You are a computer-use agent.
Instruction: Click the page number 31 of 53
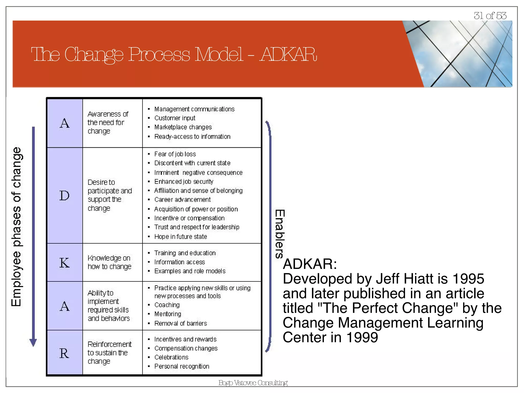pyautogui.click(x=490, y=16)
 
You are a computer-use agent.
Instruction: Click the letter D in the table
pyautogui.click(x=64, y=196)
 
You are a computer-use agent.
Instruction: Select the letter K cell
pyautogui.click(x=64, y=263)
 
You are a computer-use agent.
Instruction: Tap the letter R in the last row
pyautogui.click(x=64, y=353)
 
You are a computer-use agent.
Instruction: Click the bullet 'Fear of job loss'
pyautogui.click(x=175, y=154)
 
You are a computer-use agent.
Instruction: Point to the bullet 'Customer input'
pyautogui.click(x=175, y=118)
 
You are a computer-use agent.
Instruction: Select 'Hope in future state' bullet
pyautogui.click(x=181, y=237)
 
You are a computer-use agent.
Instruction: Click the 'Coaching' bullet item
pyautogui.click(x=167, y=305)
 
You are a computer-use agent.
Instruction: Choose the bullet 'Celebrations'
pyautogui.click(x=171, y=357)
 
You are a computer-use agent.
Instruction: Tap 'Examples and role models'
pyautogui.click(x=190, y=271)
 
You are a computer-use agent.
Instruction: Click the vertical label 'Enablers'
pyautogui.click(x=280, y=234)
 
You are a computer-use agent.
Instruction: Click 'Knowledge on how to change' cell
pyautogui.click(x=110, y=262)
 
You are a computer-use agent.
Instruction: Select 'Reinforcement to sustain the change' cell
pyautogui.click(x=110, y=353)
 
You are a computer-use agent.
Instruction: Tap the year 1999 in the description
pyautogui.click(x=362, y=337)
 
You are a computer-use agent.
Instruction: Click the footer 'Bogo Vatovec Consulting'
pyautogui.click(x=253, y=383)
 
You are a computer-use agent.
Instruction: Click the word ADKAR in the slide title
pyautogui.click(x=288, y=54)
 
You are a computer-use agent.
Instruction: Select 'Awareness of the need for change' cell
pyautogui.click(x=108, y=123)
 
